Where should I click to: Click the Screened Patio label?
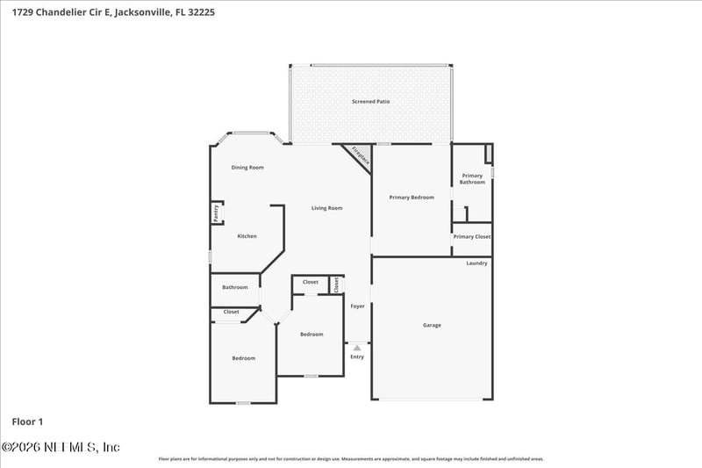(x=371, y=102)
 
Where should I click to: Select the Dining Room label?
(x=247, y=168)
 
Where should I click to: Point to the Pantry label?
(x=215, y=212)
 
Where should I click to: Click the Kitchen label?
(x=247, y=236)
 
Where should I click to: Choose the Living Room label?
(x=327, y=208)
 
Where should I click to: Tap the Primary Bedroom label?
(x=412, y=198)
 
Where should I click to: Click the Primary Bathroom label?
(x=472, y=179)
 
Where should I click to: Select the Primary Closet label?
(x=472, y=237)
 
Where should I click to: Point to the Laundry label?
(x=476, y=263)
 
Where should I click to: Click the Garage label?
(x=432, y=326)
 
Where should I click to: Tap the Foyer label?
(x=357, y=306)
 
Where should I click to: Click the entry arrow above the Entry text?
(x=357, y=348)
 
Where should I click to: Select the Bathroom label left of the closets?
(x=235, y=287)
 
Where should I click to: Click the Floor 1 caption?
(x=27, y=422)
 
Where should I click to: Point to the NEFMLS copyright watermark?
(x=61, y=447)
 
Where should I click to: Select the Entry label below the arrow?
(x=357, y=356)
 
